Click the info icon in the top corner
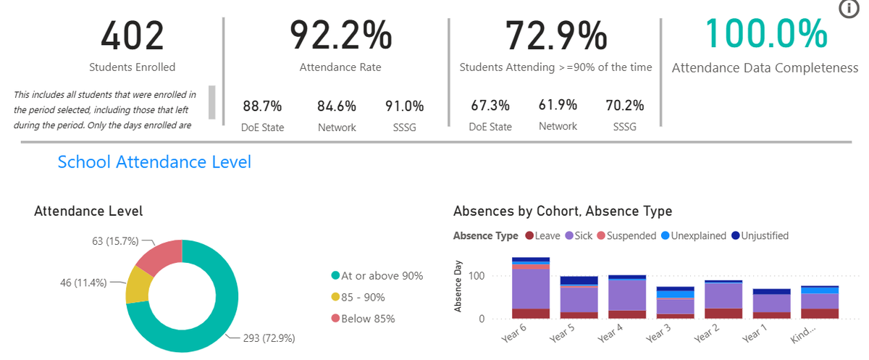849,9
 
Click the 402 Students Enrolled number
133,36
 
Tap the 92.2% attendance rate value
340,35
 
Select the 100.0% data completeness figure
766,34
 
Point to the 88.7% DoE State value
262,106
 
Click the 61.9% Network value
558,105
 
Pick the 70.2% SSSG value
624,105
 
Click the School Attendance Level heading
154,162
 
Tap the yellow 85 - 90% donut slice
138,285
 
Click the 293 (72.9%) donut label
269,338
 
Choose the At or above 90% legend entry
377,276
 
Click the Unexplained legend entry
694,236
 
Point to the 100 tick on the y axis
477,276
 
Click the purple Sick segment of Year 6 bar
531,289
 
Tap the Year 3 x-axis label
658,333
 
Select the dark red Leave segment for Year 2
723,314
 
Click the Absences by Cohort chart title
563,211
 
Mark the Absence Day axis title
458,286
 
